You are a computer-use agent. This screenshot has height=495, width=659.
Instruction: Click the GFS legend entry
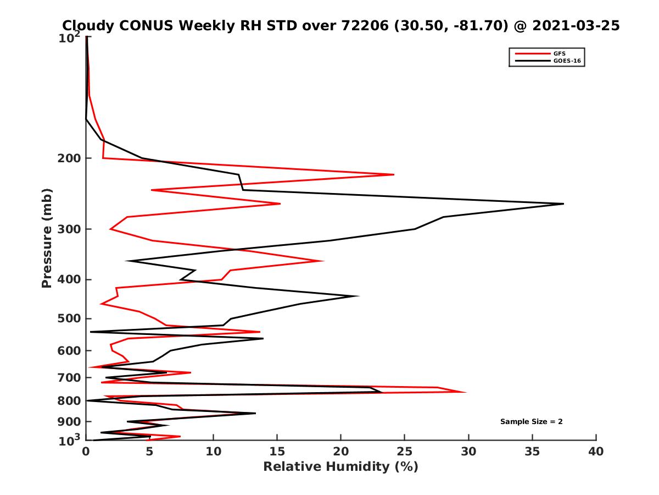pos(558,54)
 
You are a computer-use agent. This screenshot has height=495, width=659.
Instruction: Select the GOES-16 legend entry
pos(565,61)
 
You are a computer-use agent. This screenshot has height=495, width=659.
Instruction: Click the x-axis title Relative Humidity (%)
pos(340,467)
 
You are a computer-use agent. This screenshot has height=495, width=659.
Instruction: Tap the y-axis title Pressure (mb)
pos(47,238)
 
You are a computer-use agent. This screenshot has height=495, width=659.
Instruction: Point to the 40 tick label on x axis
pos(596,452)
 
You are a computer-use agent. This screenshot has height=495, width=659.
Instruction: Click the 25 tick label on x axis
pos(405,452)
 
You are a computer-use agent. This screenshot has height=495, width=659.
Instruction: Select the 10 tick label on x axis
pos(214,452)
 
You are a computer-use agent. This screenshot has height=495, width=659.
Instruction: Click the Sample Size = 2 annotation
pos(531,422)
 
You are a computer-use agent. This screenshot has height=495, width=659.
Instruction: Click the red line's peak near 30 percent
pos(466,392)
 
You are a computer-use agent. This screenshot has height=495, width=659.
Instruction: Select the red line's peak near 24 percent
pos(394,174)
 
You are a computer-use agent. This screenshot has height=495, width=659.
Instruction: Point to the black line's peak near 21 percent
pos(359,296)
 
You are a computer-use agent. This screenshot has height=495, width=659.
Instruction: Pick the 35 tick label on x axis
pos(532,452)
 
